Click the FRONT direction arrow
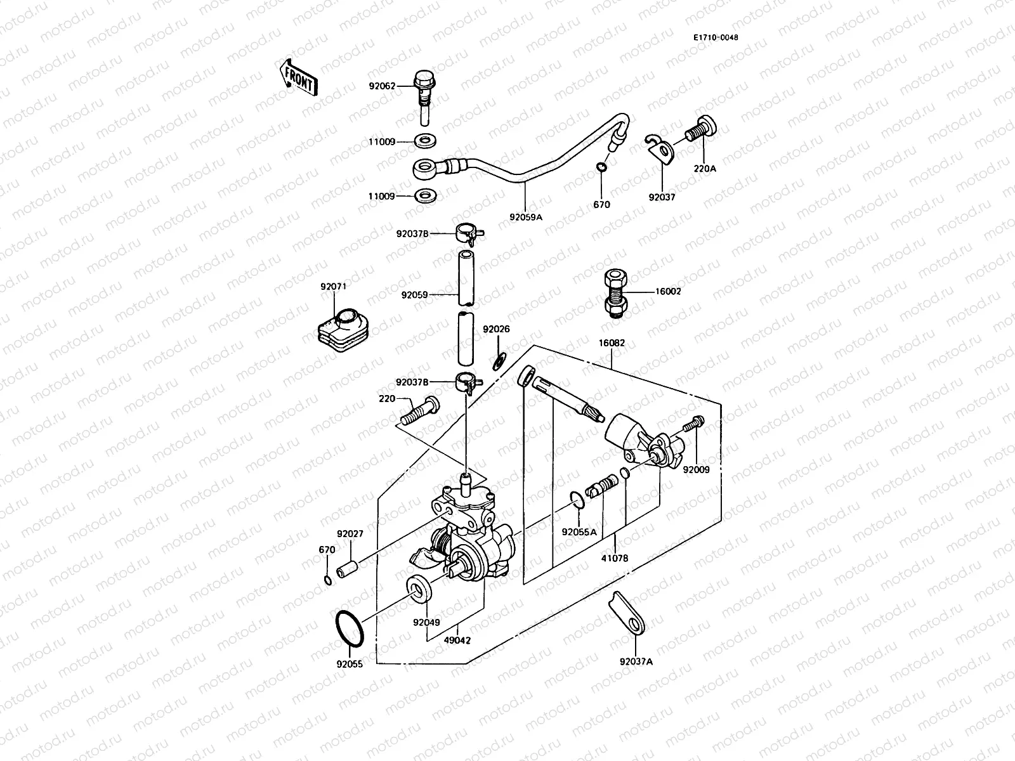pos(298,76)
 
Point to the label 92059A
pos(526,216)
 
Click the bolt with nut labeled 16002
pos(614,292)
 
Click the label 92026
pos(496,330)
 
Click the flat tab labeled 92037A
pos(628,612)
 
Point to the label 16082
pos(612,343)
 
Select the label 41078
pos(615,559)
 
